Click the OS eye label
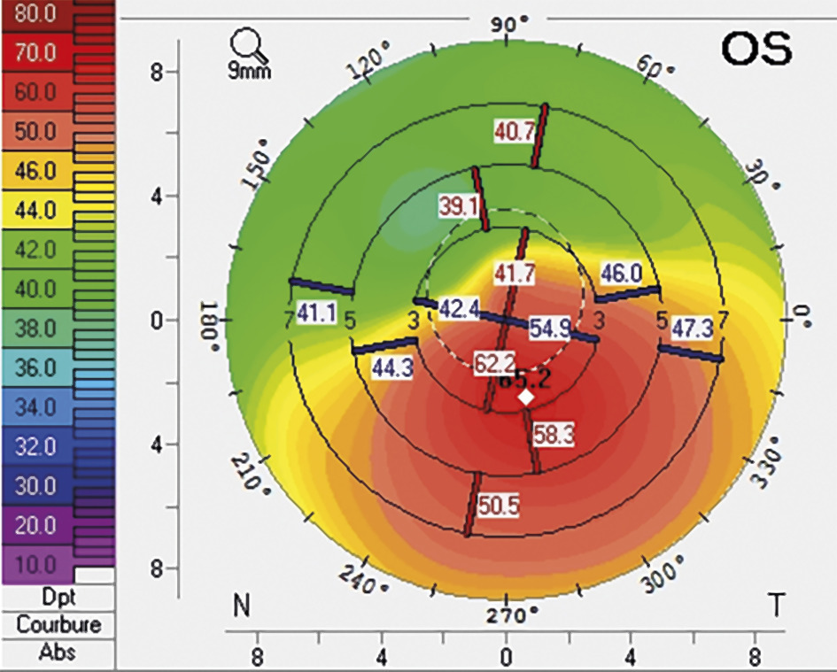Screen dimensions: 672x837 click(756, 50)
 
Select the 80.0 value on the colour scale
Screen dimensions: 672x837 click(35, 14)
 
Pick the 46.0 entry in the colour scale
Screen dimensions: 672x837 click(35, 171)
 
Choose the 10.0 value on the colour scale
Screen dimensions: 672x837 click(35, 563)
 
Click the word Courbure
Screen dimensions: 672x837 click(58, 624)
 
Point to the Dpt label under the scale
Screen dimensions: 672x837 click(58, 598)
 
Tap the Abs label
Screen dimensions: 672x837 click(58, 653)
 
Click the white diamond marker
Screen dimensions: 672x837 click(526, 398)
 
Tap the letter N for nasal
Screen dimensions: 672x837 click(240, 606)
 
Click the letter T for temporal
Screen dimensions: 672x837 click(777, 606)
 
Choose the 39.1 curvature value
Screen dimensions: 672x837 click(459, 205)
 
